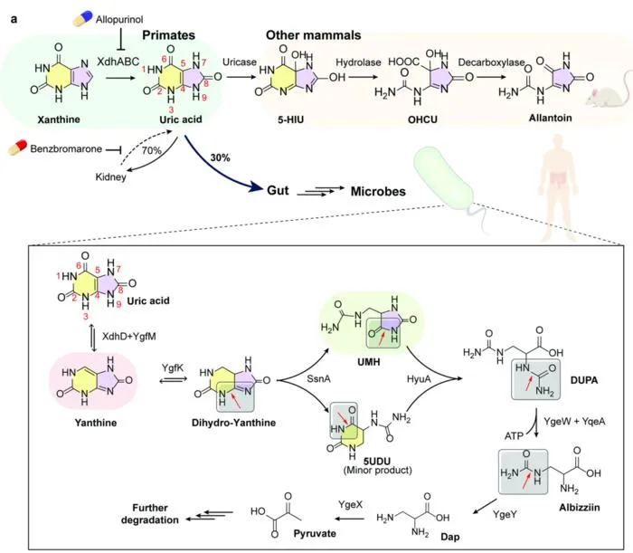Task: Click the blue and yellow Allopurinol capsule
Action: (82, 19)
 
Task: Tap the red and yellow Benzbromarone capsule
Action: (17, 148)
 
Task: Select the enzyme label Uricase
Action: (240, 62)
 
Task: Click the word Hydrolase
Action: (358, 62)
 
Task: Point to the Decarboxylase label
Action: (491, 62)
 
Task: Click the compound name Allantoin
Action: (550, 118)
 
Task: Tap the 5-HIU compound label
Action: (290, 119)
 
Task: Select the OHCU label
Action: (422, 119)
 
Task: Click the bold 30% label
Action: (220, 157)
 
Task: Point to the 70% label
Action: (151, 150)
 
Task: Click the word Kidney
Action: (110, 176)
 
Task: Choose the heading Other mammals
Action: (313, 35)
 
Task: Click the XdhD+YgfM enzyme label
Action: (128, 337)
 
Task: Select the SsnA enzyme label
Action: (318, 379)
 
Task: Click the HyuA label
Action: (419, 379)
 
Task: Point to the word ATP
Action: (514, 436)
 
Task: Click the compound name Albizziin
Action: (580, 508)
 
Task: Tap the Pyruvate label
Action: (315, 534)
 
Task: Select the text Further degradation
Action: (150, 514)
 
